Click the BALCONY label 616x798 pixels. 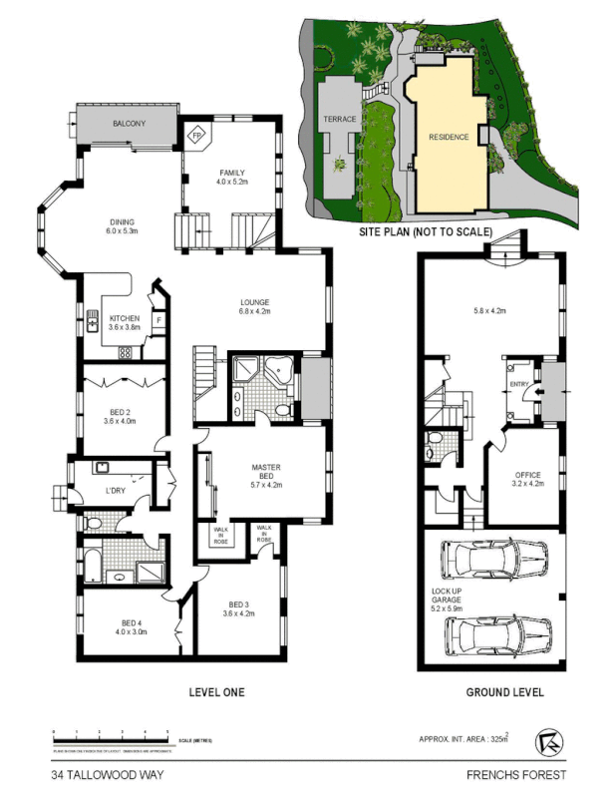click(129, 123)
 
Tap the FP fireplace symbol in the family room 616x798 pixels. click(196, 133)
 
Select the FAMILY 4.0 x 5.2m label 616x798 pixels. click(231, 177)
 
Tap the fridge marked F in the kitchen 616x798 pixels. click(157, 319)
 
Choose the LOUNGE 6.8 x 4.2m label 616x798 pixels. click(254, 306)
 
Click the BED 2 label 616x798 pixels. click(120, 415)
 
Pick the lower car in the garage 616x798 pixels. click(495, 631)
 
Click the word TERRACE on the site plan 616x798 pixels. click(340, 119)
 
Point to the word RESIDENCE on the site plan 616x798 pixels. click(448, 137)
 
